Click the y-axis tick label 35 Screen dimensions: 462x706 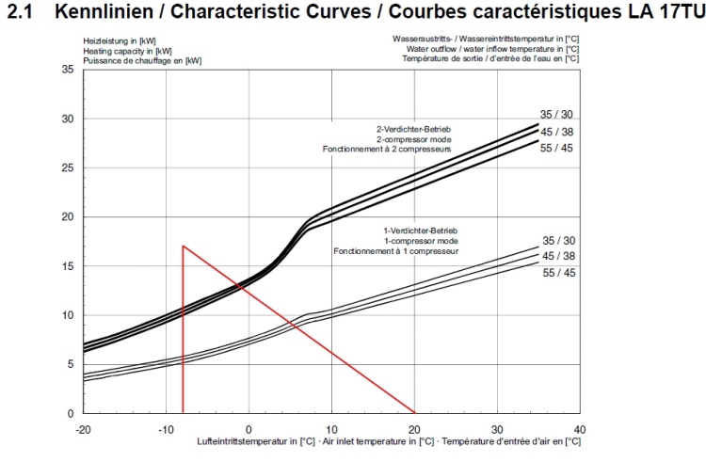point(67,70)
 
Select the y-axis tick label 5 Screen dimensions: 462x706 point(70,364)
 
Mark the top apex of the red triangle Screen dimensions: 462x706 point(183,246)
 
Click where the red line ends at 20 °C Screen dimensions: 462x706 point(414,412)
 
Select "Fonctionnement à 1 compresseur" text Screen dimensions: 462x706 point(395,252)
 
